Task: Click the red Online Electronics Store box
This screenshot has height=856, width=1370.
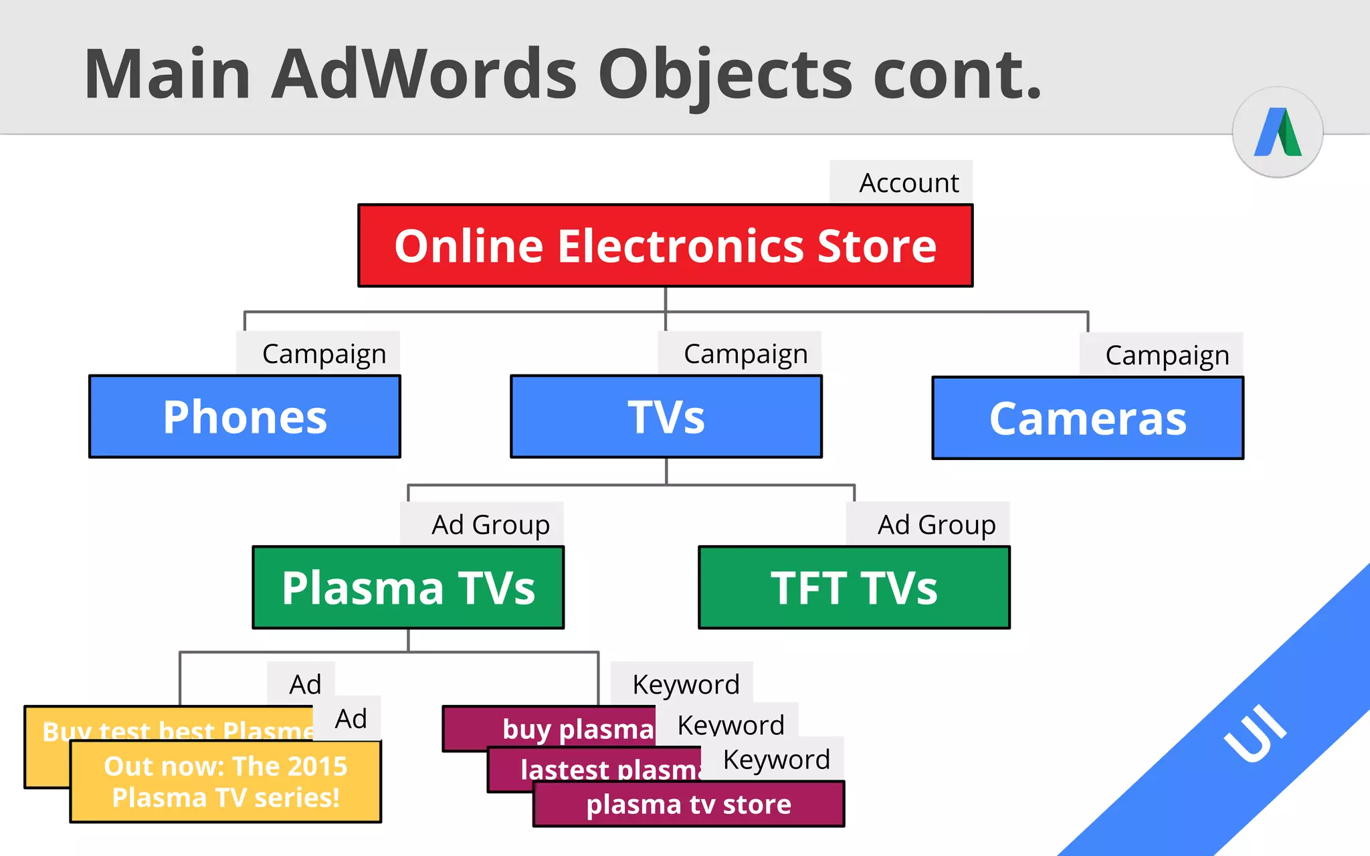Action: pos(665,245)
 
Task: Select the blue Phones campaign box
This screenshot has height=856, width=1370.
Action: pos(245,417)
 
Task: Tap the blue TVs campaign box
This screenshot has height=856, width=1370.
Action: pos(666,417)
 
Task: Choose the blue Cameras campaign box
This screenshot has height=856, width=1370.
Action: pos(1088,419)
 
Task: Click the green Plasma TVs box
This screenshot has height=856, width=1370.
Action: pos(408,588)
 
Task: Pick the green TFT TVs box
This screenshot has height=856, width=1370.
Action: pos(854,588)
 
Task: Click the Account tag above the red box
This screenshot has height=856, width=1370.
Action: pos(908,183)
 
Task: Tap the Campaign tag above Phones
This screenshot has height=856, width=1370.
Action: pos(324,354)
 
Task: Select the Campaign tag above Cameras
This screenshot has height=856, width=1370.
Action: pos(1167,355)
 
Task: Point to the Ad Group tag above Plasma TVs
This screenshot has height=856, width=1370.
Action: pos(490,525)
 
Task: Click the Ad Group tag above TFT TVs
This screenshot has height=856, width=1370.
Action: pos(936,525)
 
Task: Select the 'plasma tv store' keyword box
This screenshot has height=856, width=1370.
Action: pos(688,805)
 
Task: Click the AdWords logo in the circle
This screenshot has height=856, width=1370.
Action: pos(1278,132)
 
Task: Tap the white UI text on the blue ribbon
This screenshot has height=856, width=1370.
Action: pos(1255,734)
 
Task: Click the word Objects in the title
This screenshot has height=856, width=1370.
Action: pos(725,75)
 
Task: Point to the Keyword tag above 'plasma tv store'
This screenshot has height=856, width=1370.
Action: pos(776,760)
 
